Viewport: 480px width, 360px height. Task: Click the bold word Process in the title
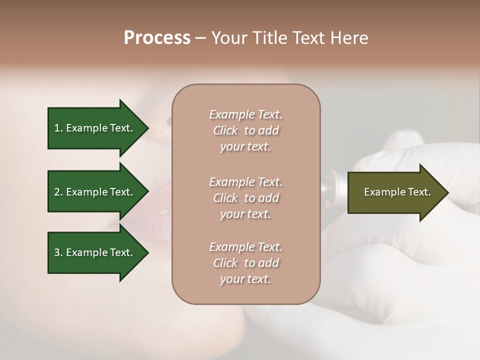[157, 38]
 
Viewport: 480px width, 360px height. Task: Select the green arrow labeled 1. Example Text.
[95, 128]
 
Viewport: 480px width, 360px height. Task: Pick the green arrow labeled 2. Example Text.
[95, 192]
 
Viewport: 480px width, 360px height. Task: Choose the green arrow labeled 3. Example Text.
[95, 252]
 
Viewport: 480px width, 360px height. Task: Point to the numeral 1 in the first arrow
[57, 128]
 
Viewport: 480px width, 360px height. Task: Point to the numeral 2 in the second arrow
[57, 192]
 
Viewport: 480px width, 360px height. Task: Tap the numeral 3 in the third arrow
[57, 252]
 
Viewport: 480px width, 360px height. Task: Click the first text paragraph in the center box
[245, 130]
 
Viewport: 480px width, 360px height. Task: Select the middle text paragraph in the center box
[245, 198]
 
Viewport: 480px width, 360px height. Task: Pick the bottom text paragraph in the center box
[245, 263]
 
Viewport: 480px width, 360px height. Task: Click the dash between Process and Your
[200, 38]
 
